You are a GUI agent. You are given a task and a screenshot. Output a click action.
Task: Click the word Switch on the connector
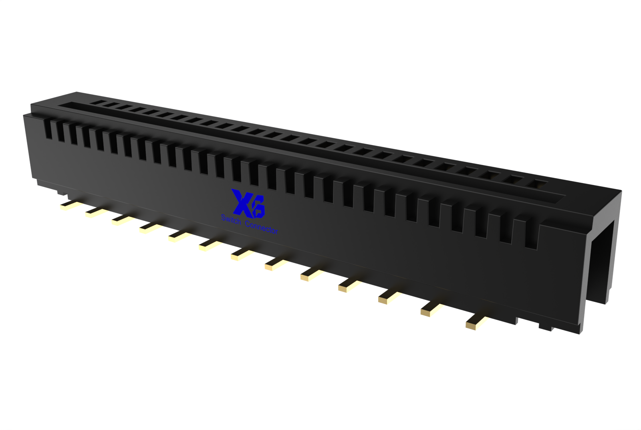(x=231, y=220)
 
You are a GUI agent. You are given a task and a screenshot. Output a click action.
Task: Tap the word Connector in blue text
(x=261, y=227)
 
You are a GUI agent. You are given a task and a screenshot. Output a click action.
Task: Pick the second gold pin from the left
(x=95, y=212)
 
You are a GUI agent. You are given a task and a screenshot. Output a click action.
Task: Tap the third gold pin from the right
(x=389, y=298)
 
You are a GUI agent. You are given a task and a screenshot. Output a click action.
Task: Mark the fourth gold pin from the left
(x=151, y=228)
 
